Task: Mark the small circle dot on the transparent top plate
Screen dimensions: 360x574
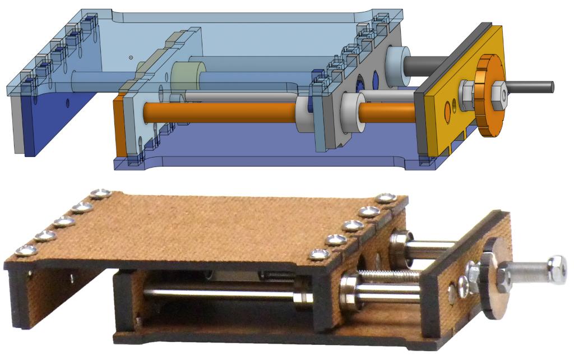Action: click(x=130, y=57)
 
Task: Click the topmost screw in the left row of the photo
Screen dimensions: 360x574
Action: click(x=101, y=194)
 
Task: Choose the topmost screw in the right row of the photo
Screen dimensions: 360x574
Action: click(x=386, y=199)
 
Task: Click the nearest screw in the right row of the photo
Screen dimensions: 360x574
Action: click(x=319, y=255)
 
